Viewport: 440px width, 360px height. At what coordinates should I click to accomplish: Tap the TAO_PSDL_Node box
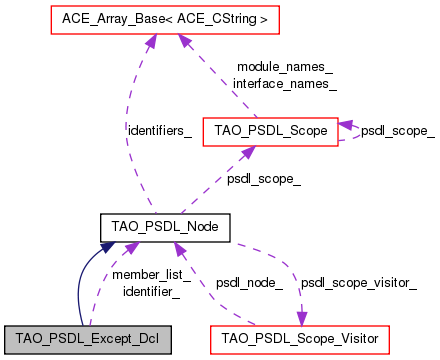(x=166, y=228)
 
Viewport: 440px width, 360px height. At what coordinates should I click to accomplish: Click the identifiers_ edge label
(x=159, y=131)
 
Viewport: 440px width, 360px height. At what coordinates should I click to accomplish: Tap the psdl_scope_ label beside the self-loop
(x=397, y=131)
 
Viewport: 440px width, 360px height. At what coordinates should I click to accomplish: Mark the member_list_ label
(x=146, y=274)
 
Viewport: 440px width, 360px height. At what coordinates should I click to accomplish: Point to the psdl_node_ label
(x=249, y=283)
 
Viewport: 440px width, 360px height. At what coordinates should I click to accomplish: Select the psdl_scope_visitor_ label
(x=359, y=283)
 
